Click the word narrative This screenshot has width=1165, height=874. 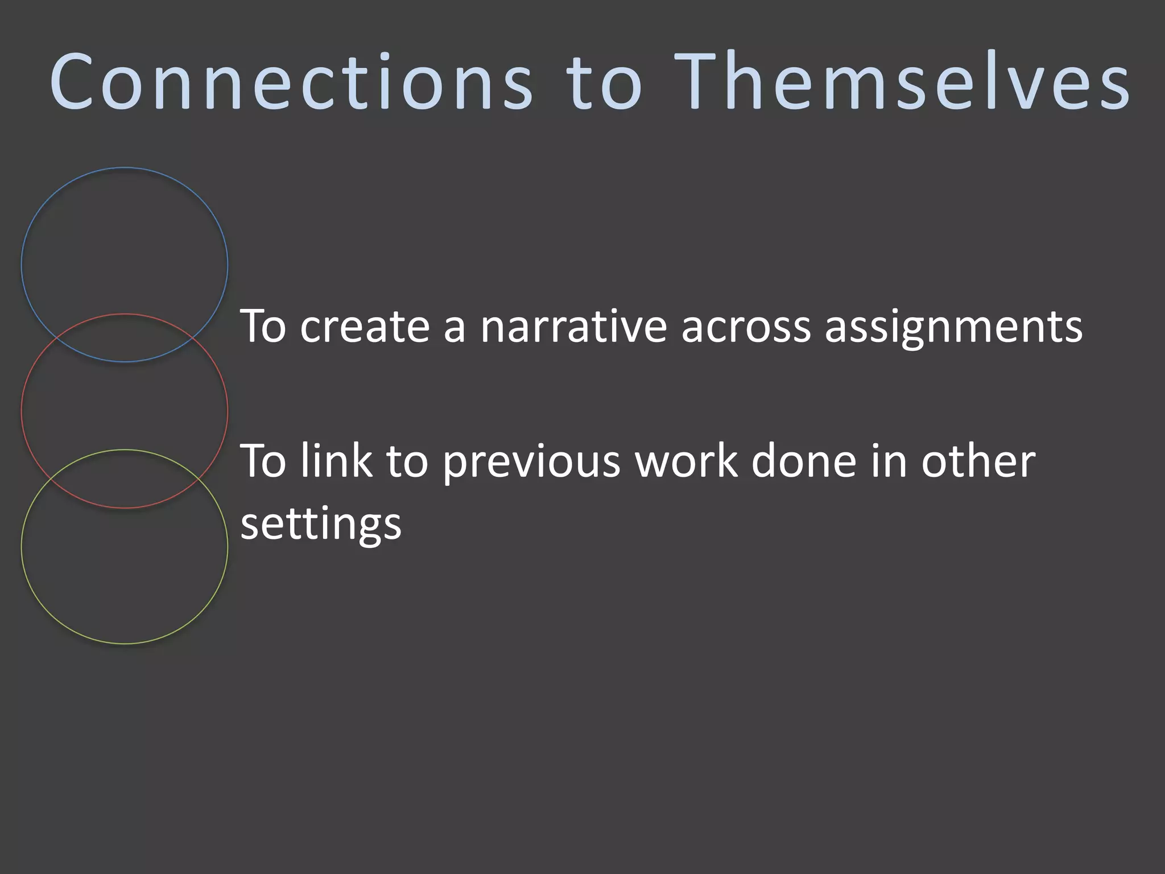(x=573, y=327)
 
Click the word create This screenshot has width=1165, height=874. (x=365, y=327)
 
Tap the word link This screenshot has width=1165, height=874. (x=336, y=461)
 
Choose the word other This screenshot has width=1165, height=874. (x=978, y=461)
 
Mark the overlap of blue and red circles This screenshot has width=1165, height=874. (x=125, y=338)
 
